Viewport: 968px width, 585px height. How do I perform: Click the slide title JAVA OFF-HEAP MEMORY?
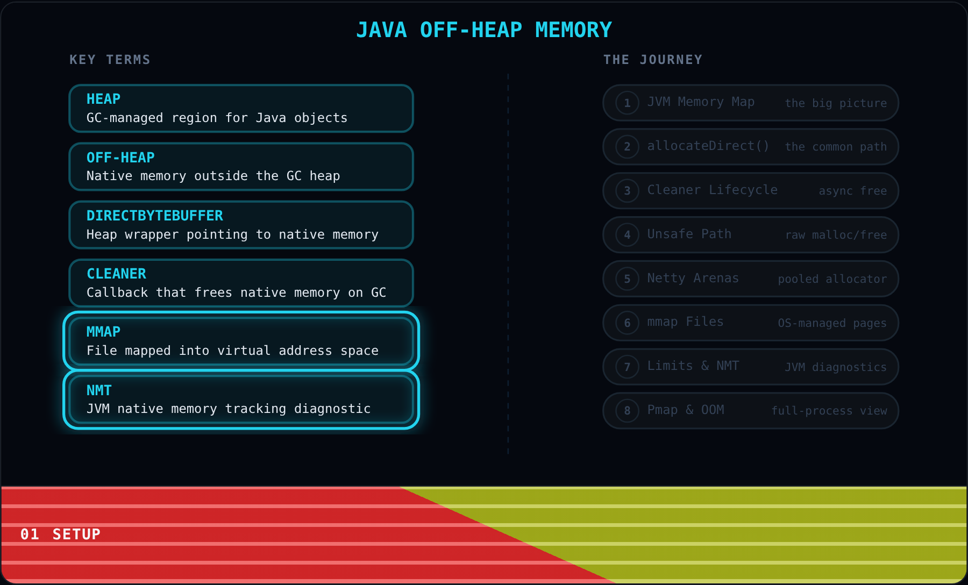[x=484, y=30]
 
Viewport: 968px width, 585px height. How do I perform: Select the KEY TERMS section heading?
[x=110, y=60]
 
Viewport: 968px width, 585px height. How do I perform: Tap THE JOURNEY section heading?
[x=653, y=60]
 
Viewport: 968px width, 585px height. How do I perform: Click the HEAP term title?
[x=103, y=99]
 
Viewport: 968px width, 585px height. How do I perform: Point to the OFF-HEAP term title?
[x=120, y=158]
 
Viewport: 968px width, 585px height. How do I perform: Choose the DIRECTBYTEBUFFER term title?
[x=155, y=216]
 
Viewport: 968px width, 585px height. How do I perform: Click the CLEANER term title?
[x=116, y=274]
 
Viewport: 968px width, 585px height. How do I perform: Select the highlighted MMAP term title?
[x=103, y=332]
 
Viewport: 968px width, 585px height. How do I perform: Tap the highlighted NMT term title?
[x=99, y=390]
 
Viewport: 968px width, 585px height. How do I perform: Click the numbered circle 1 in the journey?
[x=627, y=103]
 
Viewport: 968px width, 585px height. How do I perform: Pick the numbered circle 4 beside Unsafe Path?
[x=627, y=234]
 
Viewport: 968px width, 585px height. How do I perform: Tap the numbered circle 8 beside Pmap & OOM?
[x=627, y=411]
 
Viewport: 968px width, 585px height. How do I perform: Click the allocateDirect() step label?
[x=708, y=146]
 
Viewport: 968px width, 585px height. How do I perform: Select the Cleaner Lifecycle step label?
[x=712, y=190]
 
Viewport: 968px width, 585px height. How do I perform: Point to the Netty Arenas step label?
[x=693, y=278]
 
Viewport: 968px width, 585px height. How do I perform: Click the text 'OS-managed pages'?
[x=832, y=323]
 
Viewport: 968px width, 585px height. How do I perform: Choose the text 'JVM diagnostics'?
[x=835, y=367]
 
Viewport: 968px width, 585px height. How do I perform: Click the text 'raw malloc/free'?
[x=836, y=235]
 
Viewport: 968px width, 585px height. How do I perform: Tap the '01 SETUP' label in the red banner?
[x=60, y=534]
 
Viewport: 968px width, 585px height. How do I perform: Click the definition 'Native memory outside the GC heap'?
[x=213, y=176]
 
